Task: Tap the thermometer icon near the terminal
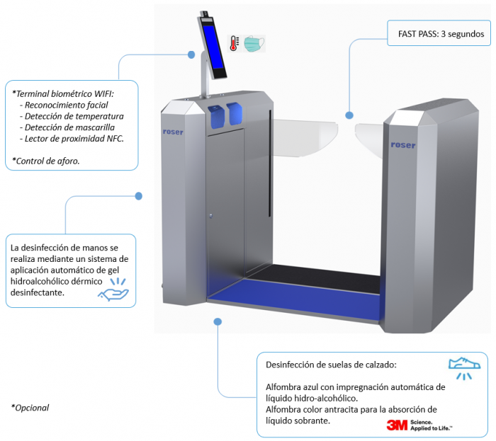click(233, 44)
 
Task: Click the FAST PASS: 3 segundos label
click(436, 33)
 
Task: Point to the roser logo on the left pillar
click(173, 132)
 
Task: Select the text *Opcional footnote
click(30, 408)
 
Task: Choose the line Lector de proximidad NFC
click(72, 139)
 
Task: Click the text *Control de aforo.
click(46, 161)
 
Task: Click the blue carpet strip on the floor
click(291, 290)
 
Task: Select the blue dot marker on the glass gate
click(349, 114)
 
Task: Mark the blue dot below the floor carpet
click(218, 321)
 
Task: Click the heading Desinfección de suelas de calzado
click(331, 365)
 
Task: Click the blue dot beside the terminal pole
click(191, 54)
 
